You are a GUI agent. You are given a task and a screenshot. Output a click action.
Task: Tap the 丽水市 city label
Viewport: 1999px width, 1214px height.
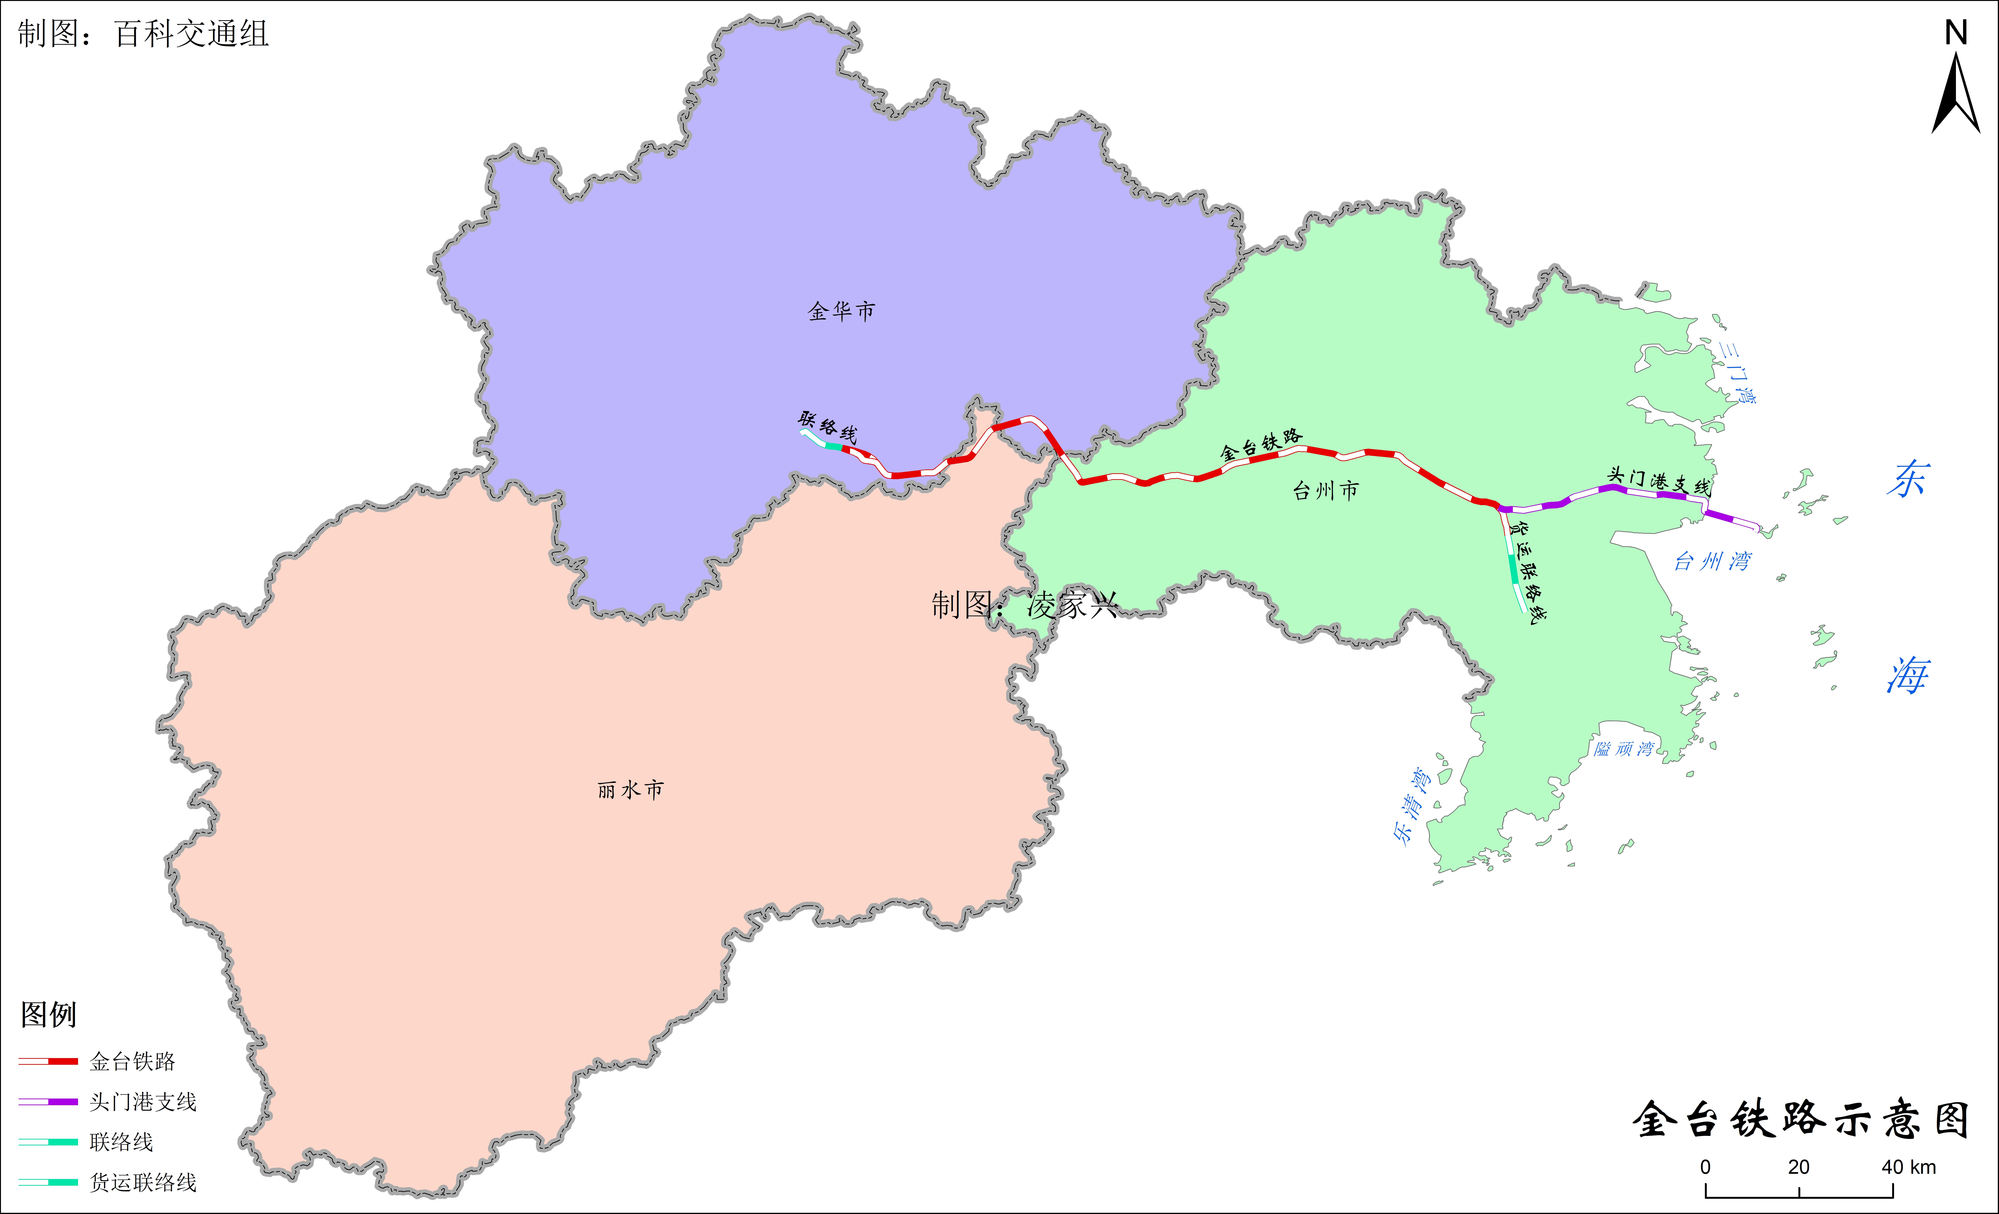tap(630, 790)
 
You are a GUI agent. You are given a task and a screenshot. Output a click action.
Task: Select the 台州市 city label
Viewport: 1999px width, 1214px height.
tap(1325, 490)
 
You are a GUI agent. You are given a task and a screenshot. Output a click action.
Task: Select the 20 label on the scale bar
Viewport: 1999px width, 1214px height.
tap(1799, 1167)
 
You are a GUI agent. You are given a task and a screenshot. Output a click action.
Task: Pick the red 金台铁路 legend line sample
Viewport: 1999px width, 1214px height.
tap(49, 1061)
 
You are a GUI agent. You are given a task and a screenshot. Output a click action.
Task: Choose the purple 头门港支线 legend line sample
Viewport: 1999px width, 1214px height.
tap(49, 1101)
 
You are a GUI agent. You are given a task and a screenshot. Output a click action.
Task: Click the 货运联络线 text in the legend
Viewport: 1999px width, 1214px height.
tap(143, 1182)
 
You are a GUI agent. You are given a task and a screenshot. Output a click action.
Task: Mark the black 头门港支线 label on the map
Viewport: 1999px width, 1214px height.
tap(1659, 481)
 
